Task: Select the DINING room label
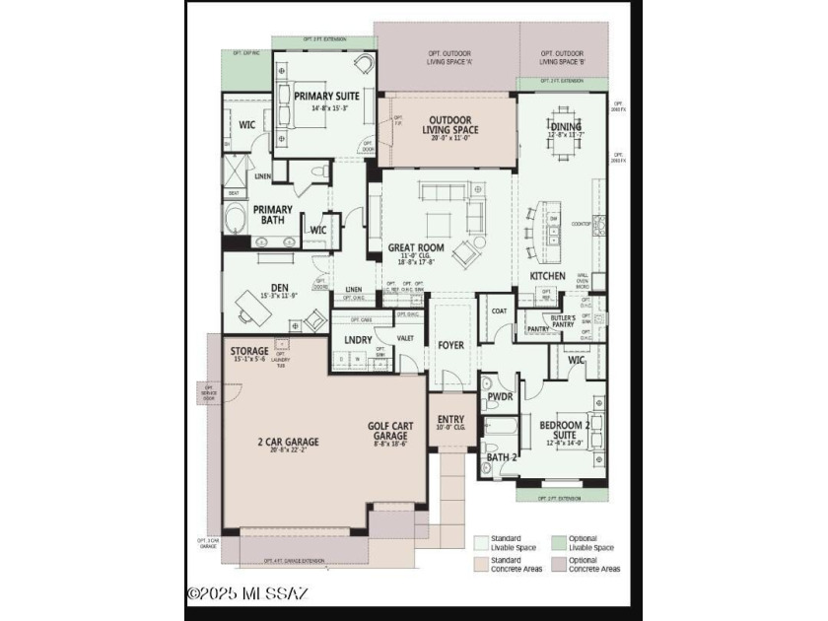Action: [565, 126]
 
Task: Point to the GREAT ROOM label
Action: [415, 248]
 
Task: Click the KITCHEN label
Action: [547, 276]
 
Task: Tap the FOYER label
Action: [450, 345]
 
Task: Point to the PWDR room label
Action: [500, 399]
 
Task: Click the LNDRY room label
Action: [358, 340]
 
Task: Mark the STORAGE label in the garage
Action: [249, 351]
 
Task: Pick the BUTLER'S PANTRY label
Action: [571, 321]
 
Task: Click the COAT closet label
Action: [499, 310]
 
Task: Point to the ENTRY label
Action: [450, 419]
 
